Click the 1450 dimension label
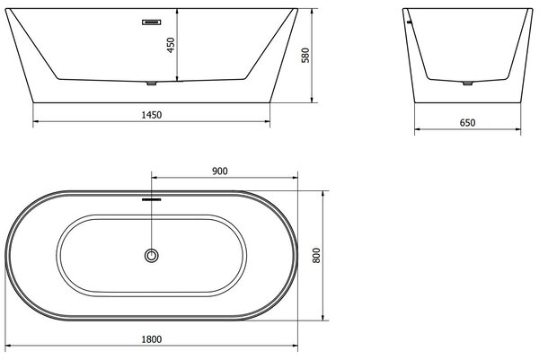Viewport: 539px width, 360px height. tap(152, 115)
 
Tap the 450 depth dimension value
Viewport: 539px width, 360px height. tap(171, 45)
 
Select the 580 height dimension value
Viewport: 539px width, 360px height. tap(305, 56)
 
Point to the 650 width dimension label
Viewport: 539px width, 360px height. tap(467, 123)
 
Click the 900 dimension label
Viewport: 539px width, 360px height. tap(220, 171)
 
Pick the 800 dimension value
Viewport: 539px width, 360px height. tap(316, 255)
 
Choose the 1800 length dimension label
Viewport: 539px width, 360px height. tap(152, 339)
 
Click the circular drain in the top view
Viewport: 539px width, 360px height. tap(151, 256)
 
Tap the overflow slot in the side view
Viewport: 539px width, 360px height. tap(152, 22)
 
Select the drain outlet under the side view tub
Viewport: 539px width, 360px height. tap(152, 83)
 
